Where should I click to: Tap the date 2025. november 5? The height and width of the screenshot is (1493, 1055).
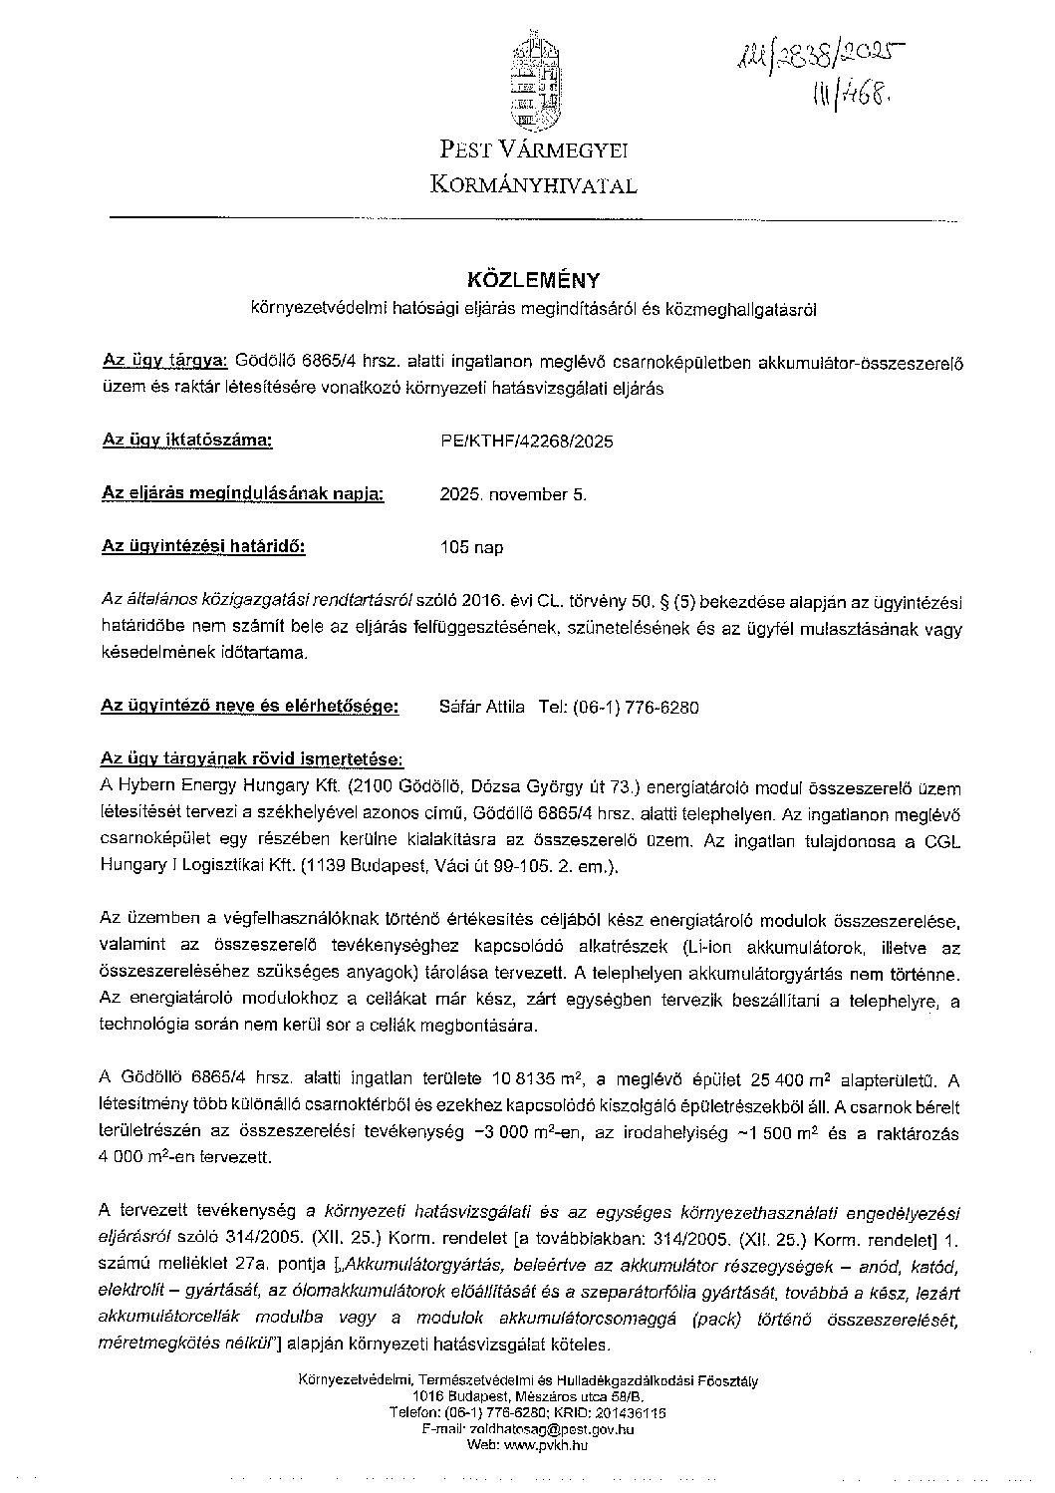(x=513, y=494)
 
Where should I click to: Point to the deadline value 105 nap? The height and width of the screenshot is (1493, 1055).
(x=471, y=547)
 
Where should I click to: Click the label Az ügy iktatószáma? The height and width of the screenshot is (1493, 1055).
(x=186, y=440)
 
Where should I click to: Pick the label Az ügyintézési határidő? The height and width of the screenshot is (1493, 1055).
(x=203, y=546)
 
